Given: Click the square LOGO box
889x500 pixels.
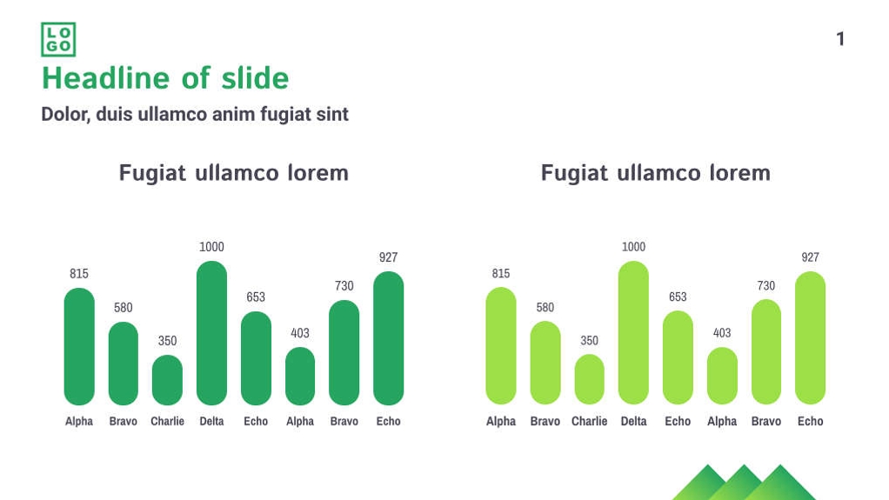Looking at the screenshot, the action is [x=58, y=39].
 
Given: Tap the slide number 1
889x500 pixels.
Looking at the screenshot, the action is [x=840, y=39].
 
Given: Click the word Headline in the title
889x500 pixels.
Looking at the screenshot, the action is [x=107, y=77].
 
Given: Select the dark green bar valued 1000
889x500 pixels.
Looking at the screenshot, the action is [x=211, y=333].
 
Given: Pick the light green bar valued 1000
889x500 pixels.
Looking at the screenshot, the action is [x=633, y=333].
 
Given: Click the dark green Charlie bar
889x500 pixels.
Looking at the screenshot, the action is [x=167, y=380].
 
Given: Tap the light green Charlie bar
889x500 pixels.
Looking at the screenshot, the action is [x=589, y=379].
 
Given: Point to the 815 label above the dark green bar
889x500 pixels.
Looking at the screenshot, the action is [x=79, y=273].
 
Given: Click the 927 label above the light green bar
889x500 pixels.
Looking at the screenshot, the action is [x=810, y=257].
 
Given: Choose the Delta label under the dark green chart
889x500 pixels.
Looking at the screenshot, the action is [x=211, y=421].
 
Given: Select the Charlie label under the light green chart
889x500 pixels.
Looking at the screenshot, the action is [x=589, y=421].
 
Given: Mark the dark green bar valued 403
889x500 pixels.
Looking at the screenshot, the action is [x=300, y=376].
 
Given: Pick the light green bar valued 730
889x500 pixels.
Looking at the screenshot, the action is [x=766, y=352].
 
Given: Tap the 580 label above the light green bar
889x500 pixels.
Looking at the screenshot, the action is [x=545, y=307].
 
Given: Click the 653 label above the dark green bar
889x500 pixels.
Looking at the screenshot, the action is [x=256, y=297].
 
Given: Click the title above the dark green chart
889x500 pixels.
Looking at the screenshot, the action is [x=234, y=173].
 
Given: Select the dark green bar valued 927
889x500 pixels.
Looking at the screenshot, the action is [x=388, y=338].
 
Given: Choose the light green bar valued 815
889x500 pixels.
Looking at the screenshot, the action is [x=501, y=346].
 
